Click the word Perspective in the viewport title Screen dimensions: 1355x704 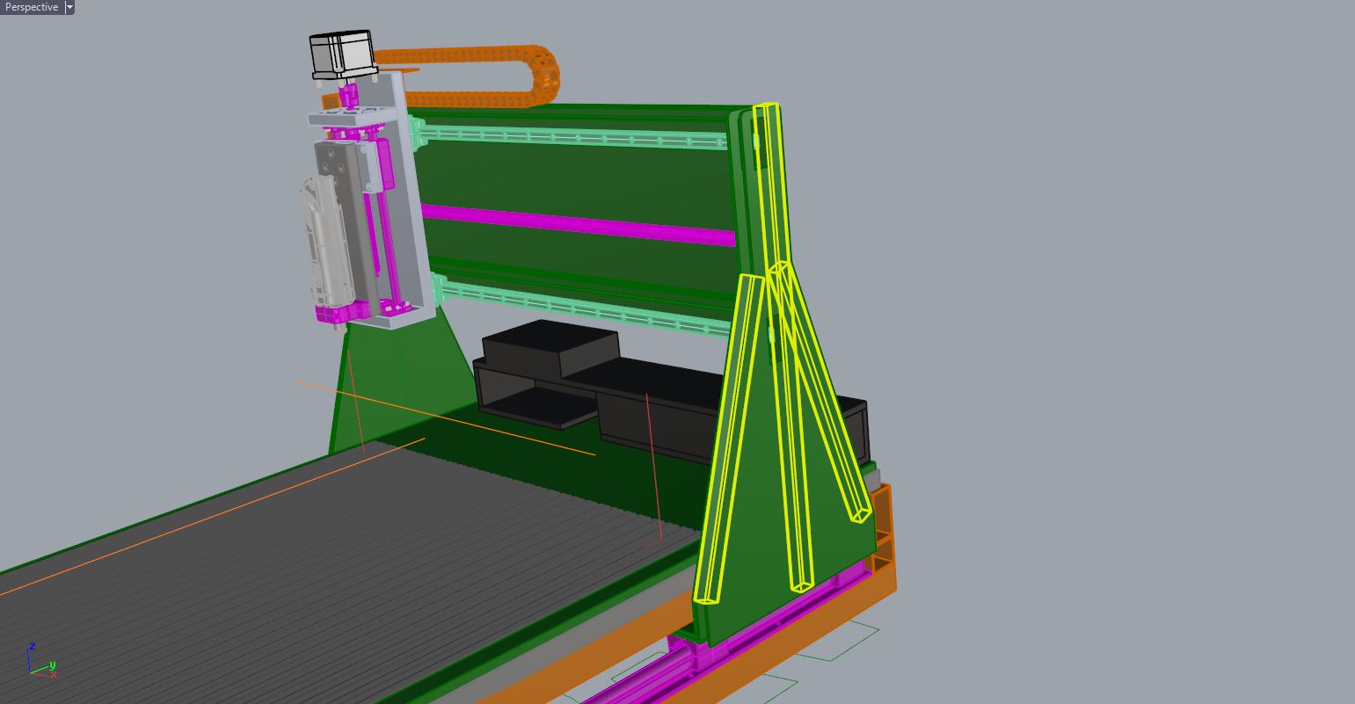32,7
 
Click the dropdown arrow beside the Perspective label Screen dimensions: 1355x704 69,7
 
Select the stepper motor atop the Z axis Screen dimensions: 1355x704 342,54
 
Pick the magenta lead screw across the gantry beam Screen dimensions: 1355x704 578,224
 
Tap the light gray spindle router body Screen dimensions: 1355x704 324,242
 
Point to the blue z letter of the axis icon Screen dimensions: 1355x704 32,647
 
